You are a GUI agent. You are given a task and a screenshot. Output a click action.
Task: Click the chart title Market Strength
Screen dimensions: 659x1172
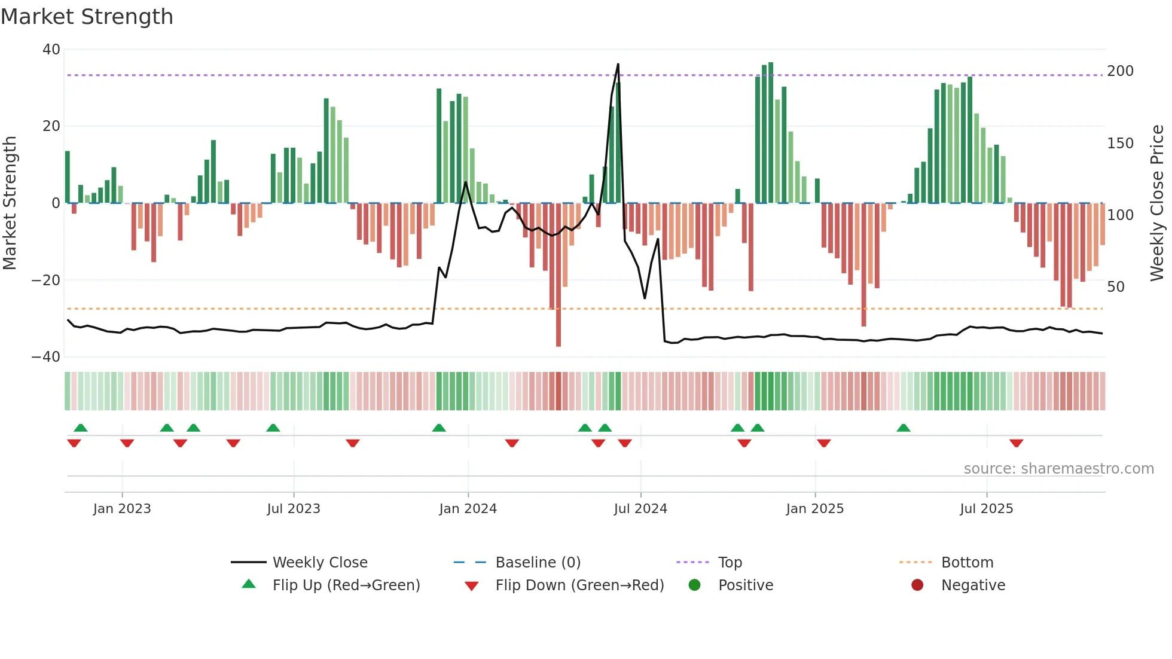point(87,17)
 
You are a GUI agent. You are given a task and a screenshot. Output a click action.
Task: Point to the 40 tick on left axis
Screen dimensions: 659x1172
point(51,50)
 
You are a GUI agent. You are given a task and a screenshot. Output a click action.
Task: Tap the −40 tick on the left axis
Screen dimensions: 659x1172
point(46,357)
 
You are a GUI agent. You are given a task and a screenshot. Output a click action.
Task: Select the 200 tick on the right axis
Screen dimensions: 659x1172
point(1120,71)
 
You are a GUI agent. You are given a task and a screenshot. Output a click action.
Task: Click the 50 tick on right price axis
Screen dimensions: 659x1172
point(1116,287)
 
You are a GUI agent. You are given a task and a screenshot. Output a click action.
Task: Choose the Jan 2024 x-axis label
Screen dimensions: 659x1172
point(468,509)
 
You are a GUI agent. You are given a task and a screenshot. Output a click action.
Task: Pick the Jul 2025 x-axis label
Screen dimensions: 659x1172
point(986,509)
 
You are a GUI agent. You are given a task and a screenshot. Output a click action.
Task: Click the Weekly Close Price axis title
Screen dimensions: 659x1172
point(1157,203)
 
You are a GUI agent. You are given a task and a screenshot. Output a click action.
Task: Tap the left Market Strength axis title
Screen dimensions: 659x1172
point(10,203)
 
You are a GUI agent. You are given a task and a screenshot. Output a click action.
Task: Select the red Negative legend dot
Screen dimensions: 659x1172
point(917,585)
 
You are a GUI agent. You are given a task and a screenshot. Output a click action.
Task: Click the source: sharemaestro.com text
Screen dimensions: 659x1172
point(1058,469)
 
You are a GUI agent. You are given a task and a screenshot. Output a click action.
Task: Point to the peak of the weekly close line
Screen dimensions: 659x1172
point(618,64)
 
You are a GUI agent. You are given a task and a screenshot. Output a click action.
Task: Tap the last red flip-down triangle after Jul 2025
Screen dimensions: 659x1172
point(1016,443)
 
